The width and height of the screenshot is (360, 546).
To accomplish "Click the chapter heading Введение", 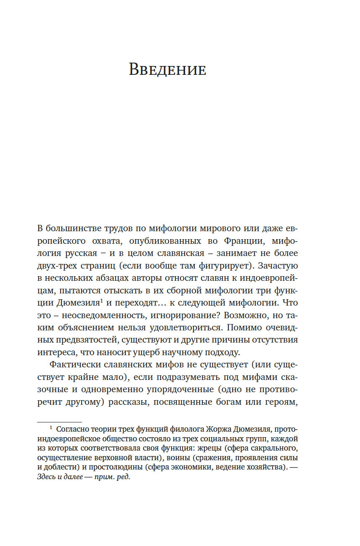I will [x=167, y=69].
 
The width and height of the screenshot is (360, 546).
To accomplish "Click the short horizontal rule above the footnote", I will [x=59, y=422].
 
